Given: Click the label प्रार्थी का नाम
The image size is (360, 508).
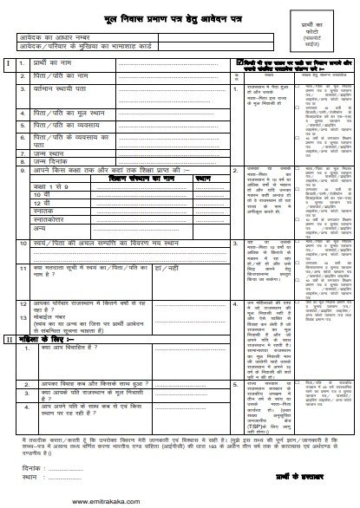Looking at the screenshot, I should pos(57,65).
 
